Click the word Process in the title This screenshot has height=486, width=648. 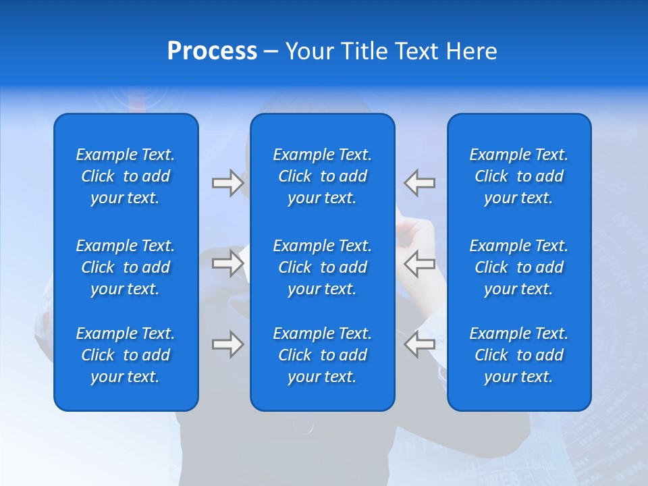click(x=212, y=51)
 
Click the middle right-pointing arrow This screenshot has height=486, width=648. click(x=227, y=263)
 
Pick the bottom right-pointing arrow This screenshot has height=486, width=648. click(x=227, y=344)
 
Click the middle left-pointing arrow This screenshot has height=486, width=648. click(x=419, y=263)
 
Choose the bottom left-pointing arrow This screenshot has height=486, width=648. click(x=419, y=344)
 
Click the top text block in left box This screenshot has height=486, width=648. click(x=126, y=176)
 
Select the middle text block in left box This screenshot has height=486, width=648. click(x=126, y=267)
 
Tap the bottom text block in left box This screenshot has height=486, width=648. click(x=126, y=355)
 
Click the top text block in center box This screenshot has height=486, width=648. click(x=323, y=176)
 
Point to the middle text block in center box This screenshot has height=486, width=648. click(x=323, y=267)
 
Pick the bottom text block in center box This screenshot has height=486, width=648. click(x=323, y=355)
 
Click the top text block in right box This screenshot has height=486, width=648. click(x=519, y=176)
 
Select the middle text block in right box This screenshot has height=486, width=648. click(x=519, y=267)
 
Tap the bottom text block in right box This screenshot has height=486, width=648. click(x=519, y=355)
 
